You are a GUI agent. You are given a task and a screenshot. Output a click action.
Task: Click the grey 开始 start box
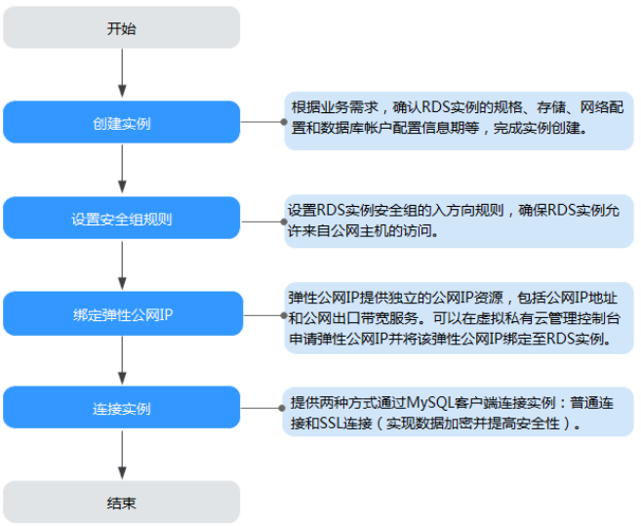pyautogui.click(x=121, y=27)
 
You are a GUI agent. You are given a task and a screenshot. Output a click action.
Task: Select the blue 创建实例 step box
pyautogui.click(x=121, y=123)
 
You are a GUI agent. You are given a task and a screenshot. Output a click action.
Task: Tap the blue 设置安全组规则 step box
pyautogui.click(x=121, y=219)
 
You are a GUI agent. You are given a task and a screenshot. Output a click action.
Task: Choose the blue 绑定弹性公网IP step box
pyautogui.click(x=121, y=313)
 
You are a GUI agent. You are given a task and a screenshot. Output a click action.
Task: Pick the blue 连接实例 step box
pyautogui.click(x=121, y=409)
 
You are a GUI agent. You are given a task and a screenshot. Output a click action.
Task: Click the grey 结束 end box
pyautogui.click(x=121, y=504)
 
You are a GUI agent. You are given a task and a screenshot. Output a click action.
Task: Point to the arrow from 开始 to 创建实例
pyautogui.click(x=121, y=74)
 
